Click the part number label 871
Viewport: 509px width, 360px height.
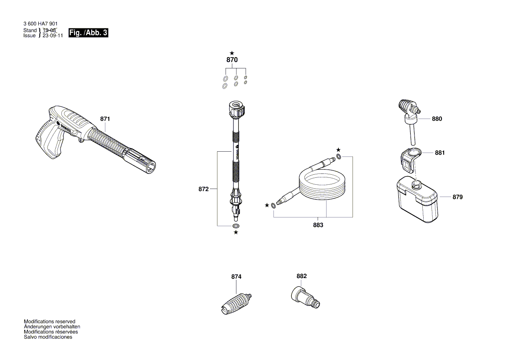(x=105, y=119)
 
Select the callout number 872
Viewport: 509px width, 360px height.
(x=203, y=189)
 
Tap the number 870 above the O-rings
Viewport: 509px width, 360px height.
(x=232, y=60)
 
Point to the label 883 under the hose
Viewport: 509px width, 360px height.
(x=318, y=225)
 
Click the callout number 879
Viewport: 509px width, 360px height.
(x=457, y=197)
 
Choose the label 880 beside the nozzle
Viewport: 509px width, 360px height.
(x=437, y=119)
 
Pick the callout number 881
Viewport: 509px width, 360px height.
(x=440, y=153)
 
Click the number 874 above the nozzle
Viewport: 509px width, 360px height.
(x=236, y=277)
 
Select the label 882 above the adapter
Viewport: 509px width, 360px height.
(x=301, y=276)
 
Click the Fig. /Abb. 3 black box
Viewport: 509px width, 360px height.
(x=88, y=33)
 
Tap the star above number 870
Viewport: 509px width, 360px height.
(x=232, y=53)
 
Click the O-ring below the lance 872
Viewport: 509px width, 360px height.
(x=236, y=226)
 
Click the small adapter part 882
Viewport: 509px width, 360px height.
(x=304, y=296)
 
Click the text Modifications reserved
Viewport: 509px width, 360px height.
(x=49, y=321)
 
